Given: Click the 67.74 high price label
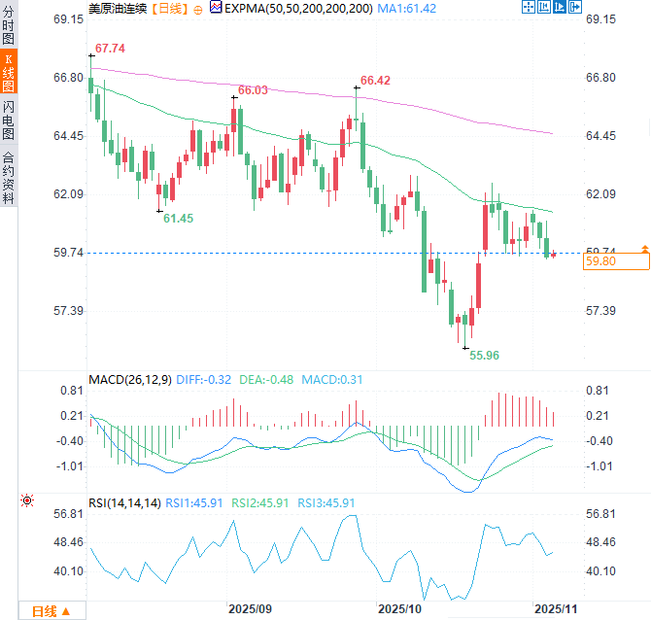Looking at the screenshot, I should point(111,48).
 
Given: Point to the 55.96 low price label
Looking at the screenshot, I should point(484,356).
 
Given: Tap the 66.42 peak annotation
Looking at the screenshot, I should point(375,81).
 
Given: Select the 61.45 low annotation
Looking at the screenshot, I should point(178,219).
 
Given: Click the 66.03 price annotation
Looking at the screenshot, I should point(253,89).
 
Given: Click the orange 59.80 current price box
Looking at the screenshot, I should point(616,260).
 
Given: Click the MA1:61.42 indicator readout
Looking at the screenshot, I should point(408,8).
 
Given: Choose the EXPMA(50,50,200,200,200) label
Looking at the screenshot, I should point(297,8).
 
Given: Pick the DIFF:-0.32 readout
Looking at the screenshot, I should point(204,379).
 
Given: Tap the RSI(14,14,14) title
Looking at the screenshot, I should point(124,502).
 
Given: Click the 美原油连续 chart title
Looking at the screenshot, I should point(119,8).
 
